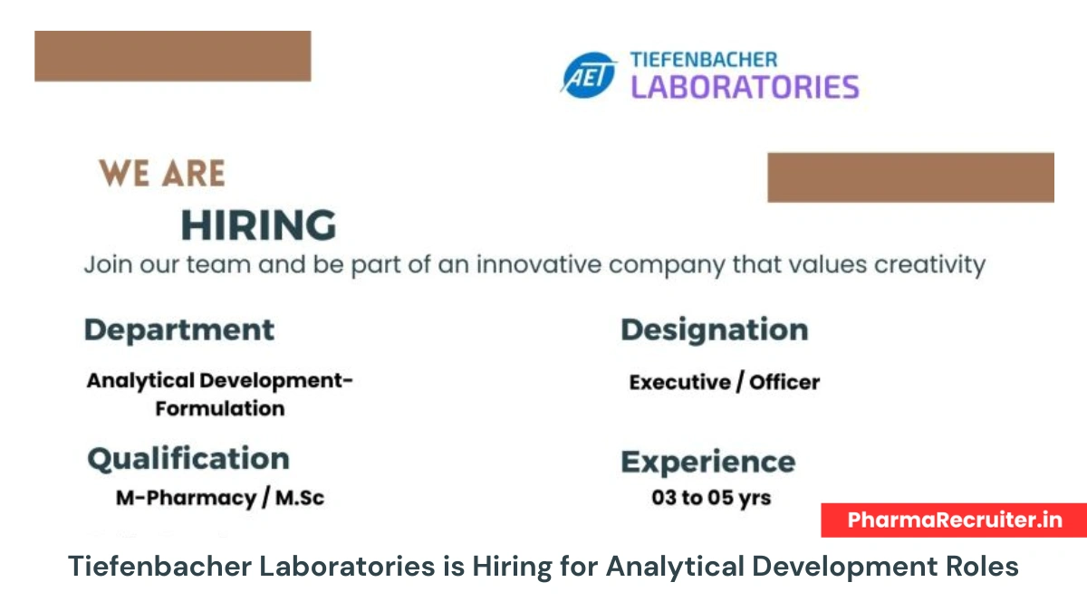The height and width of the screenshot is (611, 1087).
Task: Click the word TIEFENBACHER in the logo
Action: (x=703, y=61)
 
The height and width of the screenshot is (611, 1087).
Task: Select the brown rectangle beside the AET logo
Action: (x=173, y=56)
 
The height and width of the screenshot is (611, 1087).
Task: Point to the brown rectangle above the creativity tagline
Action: (x=910, y=177)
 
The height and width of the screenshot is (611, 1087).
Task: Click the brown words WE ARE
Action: (x=162, y=173)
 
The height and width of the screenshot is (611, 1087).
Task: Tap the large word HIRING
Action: (x=258, y=224)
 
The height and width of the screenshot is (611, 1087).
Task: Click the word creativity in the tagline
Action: (x=916, y=265)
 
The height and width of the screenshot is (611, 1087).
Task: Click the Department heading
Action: (x=179, y=329)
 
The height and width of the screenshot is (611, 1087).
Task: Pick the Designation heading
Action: (x=715, y=329)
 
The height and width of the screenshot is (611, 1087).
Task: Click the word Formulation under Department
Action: (x=220, y=408)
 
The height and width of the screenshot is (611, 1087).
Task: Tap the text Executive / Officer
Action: (x=725, y=382)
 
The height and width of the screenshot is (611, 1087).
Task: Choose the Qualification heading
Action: (x=188, y=458)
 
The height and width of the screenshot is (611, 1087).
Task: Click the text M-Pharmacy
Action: (x=186, y=498)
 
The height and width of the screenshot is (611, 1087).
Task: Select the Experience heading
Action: (x=708, y=462)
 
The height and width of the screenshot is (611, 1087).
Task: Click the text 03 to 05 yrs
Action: (x=711, y=498)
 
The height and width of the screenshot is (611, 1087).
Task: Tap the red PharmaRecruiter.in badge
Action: (x=954, y=520)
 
